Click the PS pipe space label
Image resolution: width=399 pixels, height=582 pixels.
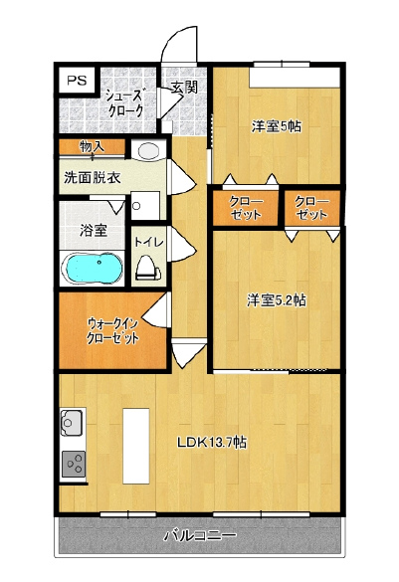(x=77, y=81)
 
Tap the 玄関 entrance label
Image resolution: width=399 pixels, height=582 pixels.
(x=184, y=88)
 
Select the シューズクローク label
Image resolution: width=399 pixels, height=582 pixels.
(x=124, y=103)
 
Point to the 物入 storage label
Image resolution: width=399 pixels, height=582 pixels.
(x=93, y=147)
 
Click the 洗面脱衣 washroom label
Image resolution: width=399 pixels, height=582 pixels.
(x=93, y=178)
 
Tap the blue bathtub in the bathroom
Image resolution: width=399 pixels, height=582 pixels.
(x=94, y=269)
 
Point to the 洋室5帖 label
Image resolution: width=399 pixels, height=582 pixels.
(x=276, y=127)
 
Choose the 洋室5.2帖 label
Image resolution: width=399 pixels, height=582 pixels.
(x=277, y=300)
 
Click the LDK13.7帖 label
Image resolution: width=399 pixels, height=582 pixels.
(x=212, y=442)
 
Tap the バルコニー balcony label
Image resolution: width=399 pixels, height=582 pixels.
(x=200, y=535)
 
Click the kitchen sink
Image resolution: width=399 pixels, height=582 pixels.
(x=73, y=423)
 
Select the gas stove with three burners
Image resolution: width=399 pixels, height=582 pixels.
(x=74, y=464)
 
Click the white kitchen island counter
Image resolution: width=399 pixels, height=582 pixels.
(x=136, y=446)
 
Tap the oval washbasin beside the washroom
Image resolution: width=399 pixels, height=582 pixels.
(x=147, y=150)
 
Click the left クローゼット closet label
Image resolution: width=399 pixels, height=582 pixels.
(x=246, y=208)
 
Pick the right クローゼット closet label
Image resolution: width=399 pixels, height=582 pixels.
(x=311, y=208)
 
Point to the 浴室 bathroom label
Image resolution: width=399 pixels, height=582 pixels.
(x=94, y=231)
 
